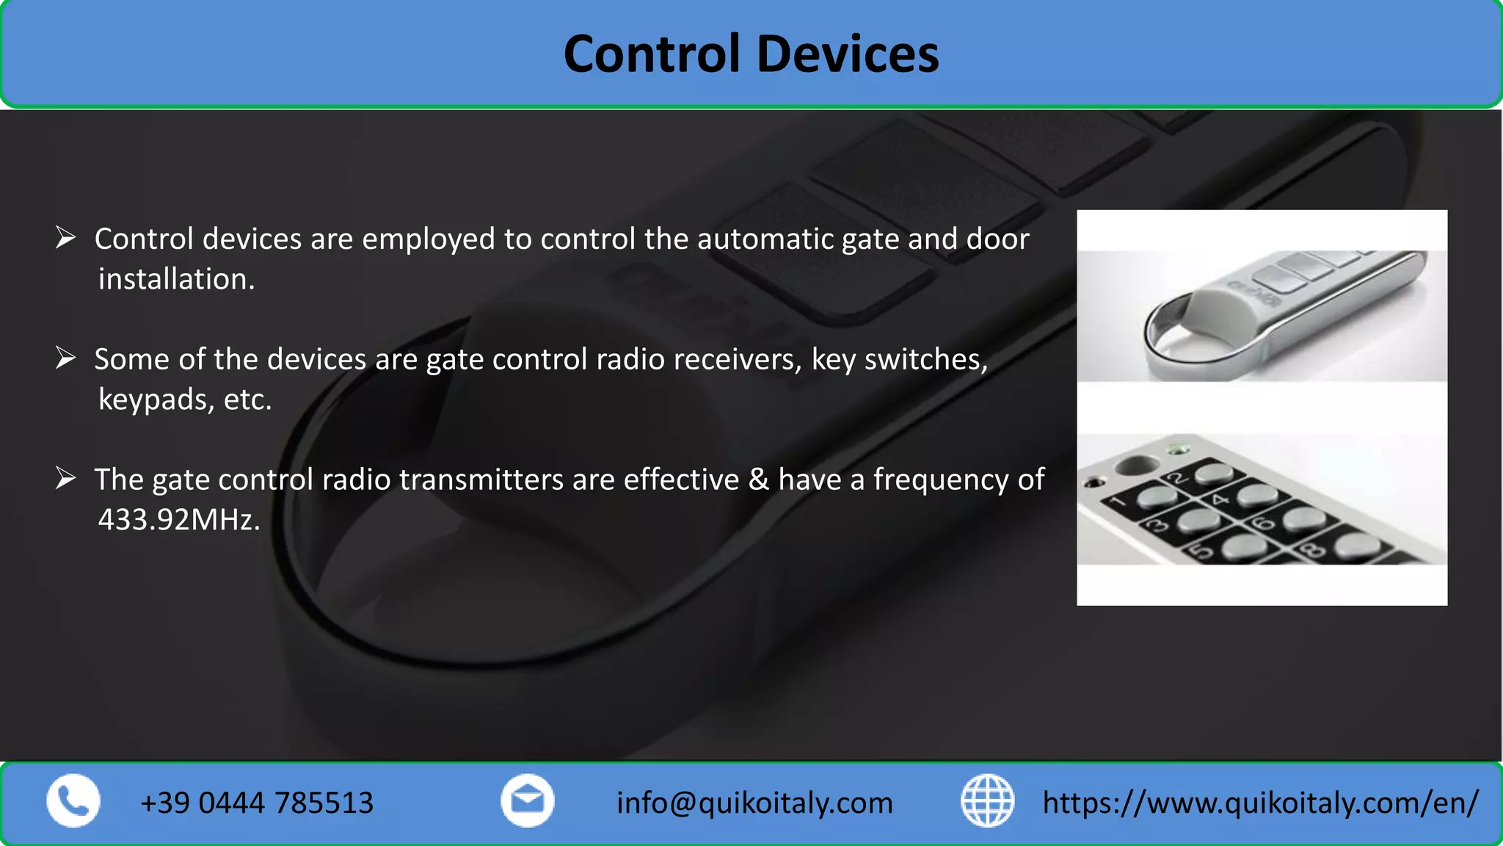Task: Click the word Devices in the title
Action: [847, 54]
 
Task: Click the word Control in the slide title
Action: [652, 54]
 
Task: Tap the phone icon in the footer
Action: [73, 800]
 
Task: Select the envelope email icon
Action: [527, 800]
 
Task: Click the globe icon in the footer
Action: [987, 800]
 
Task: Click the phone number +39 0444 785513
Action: [257, 803]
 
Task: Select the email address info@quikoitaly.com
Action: [754, 803]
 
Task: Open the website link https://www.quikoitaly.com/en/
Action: [1260, 803]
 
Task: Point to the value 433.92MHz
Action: [178, 520]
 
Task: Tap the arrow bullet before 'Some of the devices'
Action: [66, 358]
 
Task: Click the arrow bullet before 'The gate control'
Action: [66, 478]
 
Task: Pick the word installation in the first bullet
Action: [176, 280]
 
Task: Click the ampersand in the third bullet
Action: [758, 480]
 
